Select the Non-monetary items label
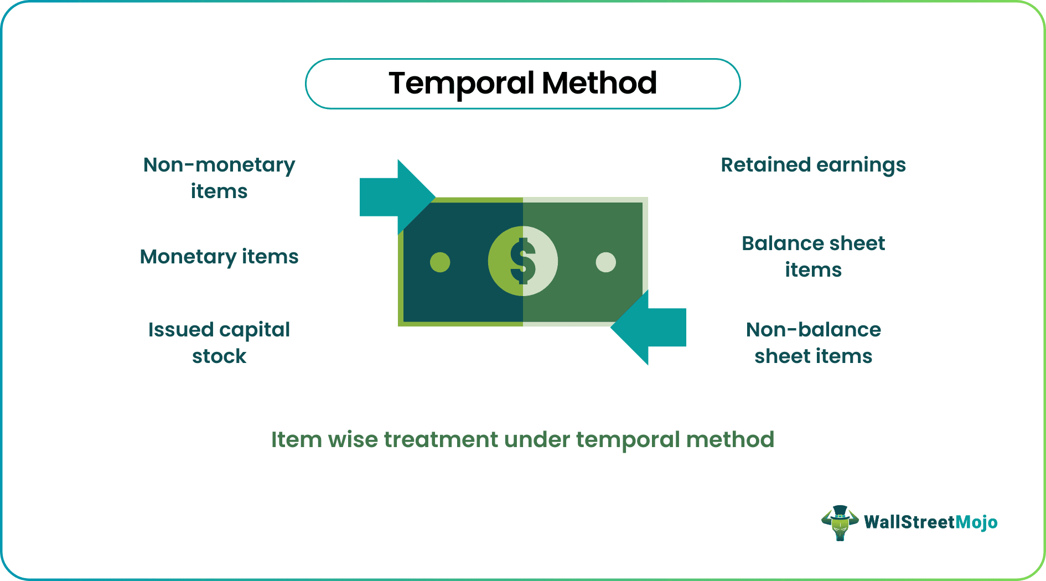pos(219,178)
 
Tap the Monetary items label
pos(219,257)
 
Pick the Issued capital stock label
pos(219,343)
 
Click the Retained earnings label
pos(813,165)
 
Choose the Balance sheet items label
pos(813,256)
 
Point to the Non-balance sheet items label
pos(813,343)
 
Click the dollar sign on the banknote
pos(523,261)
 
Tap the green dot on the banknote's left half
pos(440,262)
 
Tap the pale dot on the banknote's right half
pos(605,262)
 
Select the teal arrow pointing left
pos(650,328)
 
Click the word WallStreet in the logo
pos(909,522)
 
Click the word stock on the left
pos(219,356)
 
